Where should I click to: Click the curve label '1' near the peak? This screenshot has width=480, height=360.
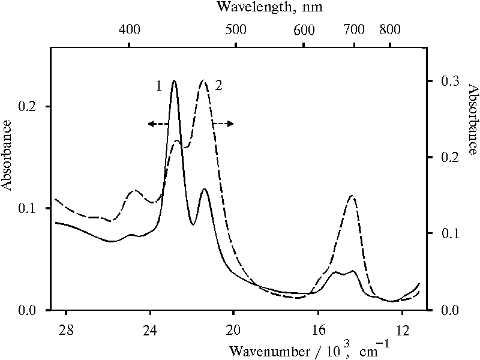[x=159, y=86]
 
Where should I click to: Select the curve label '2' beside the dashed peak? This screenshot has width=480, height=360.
[x=218, y=86]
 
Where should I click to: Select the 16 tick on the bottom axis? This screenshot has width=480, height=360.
[x=318, y=329]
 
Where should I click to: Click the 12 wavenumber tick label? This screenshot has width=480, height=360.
[x=402, y=329]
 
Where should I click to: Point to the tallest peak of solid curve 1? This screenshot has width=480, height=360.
[x=175, y=80]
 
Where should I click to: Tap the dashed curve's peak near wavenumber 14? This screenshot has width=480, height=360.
[x=352, y=196]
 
